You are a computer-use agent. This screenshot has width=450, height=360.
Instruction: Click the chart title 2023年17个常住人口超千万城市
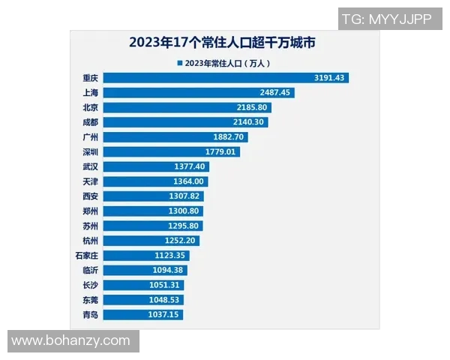221,43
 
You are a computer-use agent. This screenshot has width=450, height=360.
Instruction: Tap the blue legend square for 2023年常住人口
179,64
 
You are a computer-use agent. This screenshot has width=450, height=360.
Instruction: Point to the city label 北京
90,107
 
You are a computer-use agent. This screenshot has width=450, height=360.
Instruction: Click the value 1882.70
229,137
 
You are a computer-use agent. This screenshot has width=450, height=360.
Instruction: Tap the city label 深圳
90,152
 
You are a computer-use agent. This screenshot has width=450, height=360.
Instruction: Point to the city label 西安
90,196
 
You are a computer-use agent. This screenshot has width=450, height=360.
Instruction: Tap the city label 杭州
90,241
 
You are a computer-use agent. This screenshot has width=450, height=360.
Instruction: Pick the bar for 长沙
142,285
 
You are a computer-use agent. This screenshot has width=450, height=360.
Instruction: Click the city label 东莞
90,300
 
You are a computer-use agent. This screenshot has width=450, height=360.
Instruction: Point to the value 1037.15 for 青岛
164,315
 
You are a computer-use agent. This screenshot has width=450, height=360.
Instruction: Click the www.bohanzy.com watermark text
70,341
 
